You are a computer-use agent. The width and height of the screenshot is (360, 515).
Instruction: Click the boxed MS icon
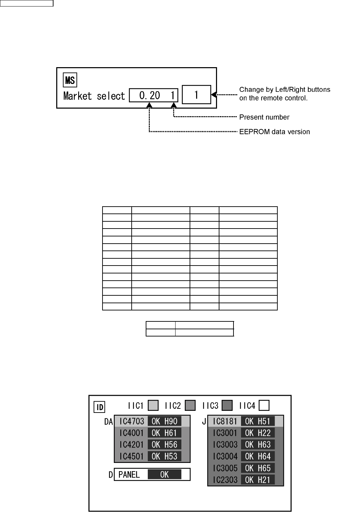(70, 81)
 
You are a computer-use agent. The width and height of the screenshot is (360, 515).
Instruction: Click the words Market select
(94, 96)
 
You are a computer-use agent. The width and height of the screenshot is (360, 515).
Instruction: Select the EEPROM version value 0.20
(149, 96)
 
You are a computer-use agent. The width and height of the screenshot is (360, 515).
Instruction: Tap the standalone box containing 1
(196, 95)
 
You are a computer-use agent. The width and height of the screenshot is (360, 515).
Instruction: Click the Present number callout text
(264, 117)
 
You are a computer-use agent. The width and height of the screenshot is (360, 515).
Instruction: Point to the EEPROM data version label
(274, 132)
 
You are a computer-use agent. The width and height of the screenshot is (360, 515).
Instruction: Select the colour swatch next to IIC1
(153, 406)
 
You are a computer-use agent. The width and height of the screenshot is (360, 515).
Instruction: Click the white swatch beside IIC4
(264, 406)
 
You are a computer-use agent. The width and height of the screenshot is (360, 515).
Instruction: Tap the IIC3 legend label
(210, 406)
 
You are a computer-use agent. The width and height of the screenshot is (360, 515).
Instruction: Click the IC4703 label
(132, 421)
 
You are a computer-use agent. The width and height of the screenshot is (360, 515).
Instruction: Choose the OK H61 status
(164, 433)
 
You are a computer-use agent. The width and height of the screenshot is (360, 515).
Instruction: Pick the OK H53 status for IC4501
(164, 456)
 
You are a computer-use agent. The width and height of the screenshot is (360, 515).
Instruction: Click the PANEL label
(129, 475)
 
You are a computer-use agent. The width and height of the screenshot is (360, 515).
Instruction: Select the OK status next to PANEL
(164, 475)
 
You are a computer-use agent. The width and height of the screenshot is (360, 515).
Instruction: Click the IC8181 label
(225, 421)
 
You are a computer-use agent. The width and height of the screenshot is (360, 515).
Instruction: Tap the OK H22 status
(258, 433)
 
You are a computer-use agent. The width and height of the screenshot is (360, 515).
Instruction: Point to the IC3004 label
(225, 456)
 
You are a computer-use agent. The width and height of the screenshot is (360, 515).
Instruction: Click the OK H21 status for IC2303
(258, 480)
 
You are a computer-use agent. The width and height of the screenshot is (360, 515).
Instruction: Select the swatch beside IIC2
(190, 406)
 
